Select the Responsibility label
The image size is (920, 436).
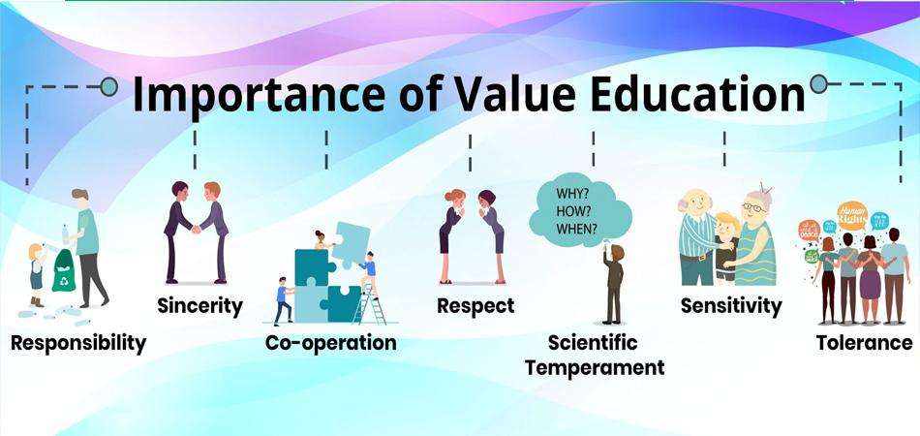pos(78,342)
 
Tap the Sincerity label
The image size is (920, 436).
pos(199,306)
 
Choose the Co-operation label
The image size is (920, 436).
pos(330,343)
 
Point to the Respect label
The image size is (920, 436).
pos(475,306)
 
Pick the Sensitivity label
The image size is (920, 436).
pos(730,306)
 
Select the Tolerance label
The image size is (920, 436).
pos(864,343)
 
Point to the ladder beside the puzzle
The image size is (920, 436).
pos(370,304)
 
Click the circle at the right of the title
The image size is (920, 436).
pos(819,84)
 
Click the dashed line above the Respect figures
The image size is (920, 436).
pos(470,153)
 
